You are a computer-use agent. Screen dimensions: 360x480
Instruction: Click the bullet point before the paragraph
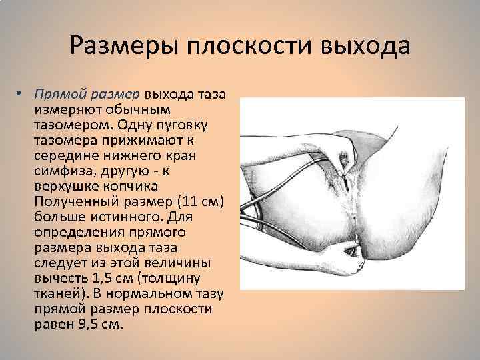(23, 94)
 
